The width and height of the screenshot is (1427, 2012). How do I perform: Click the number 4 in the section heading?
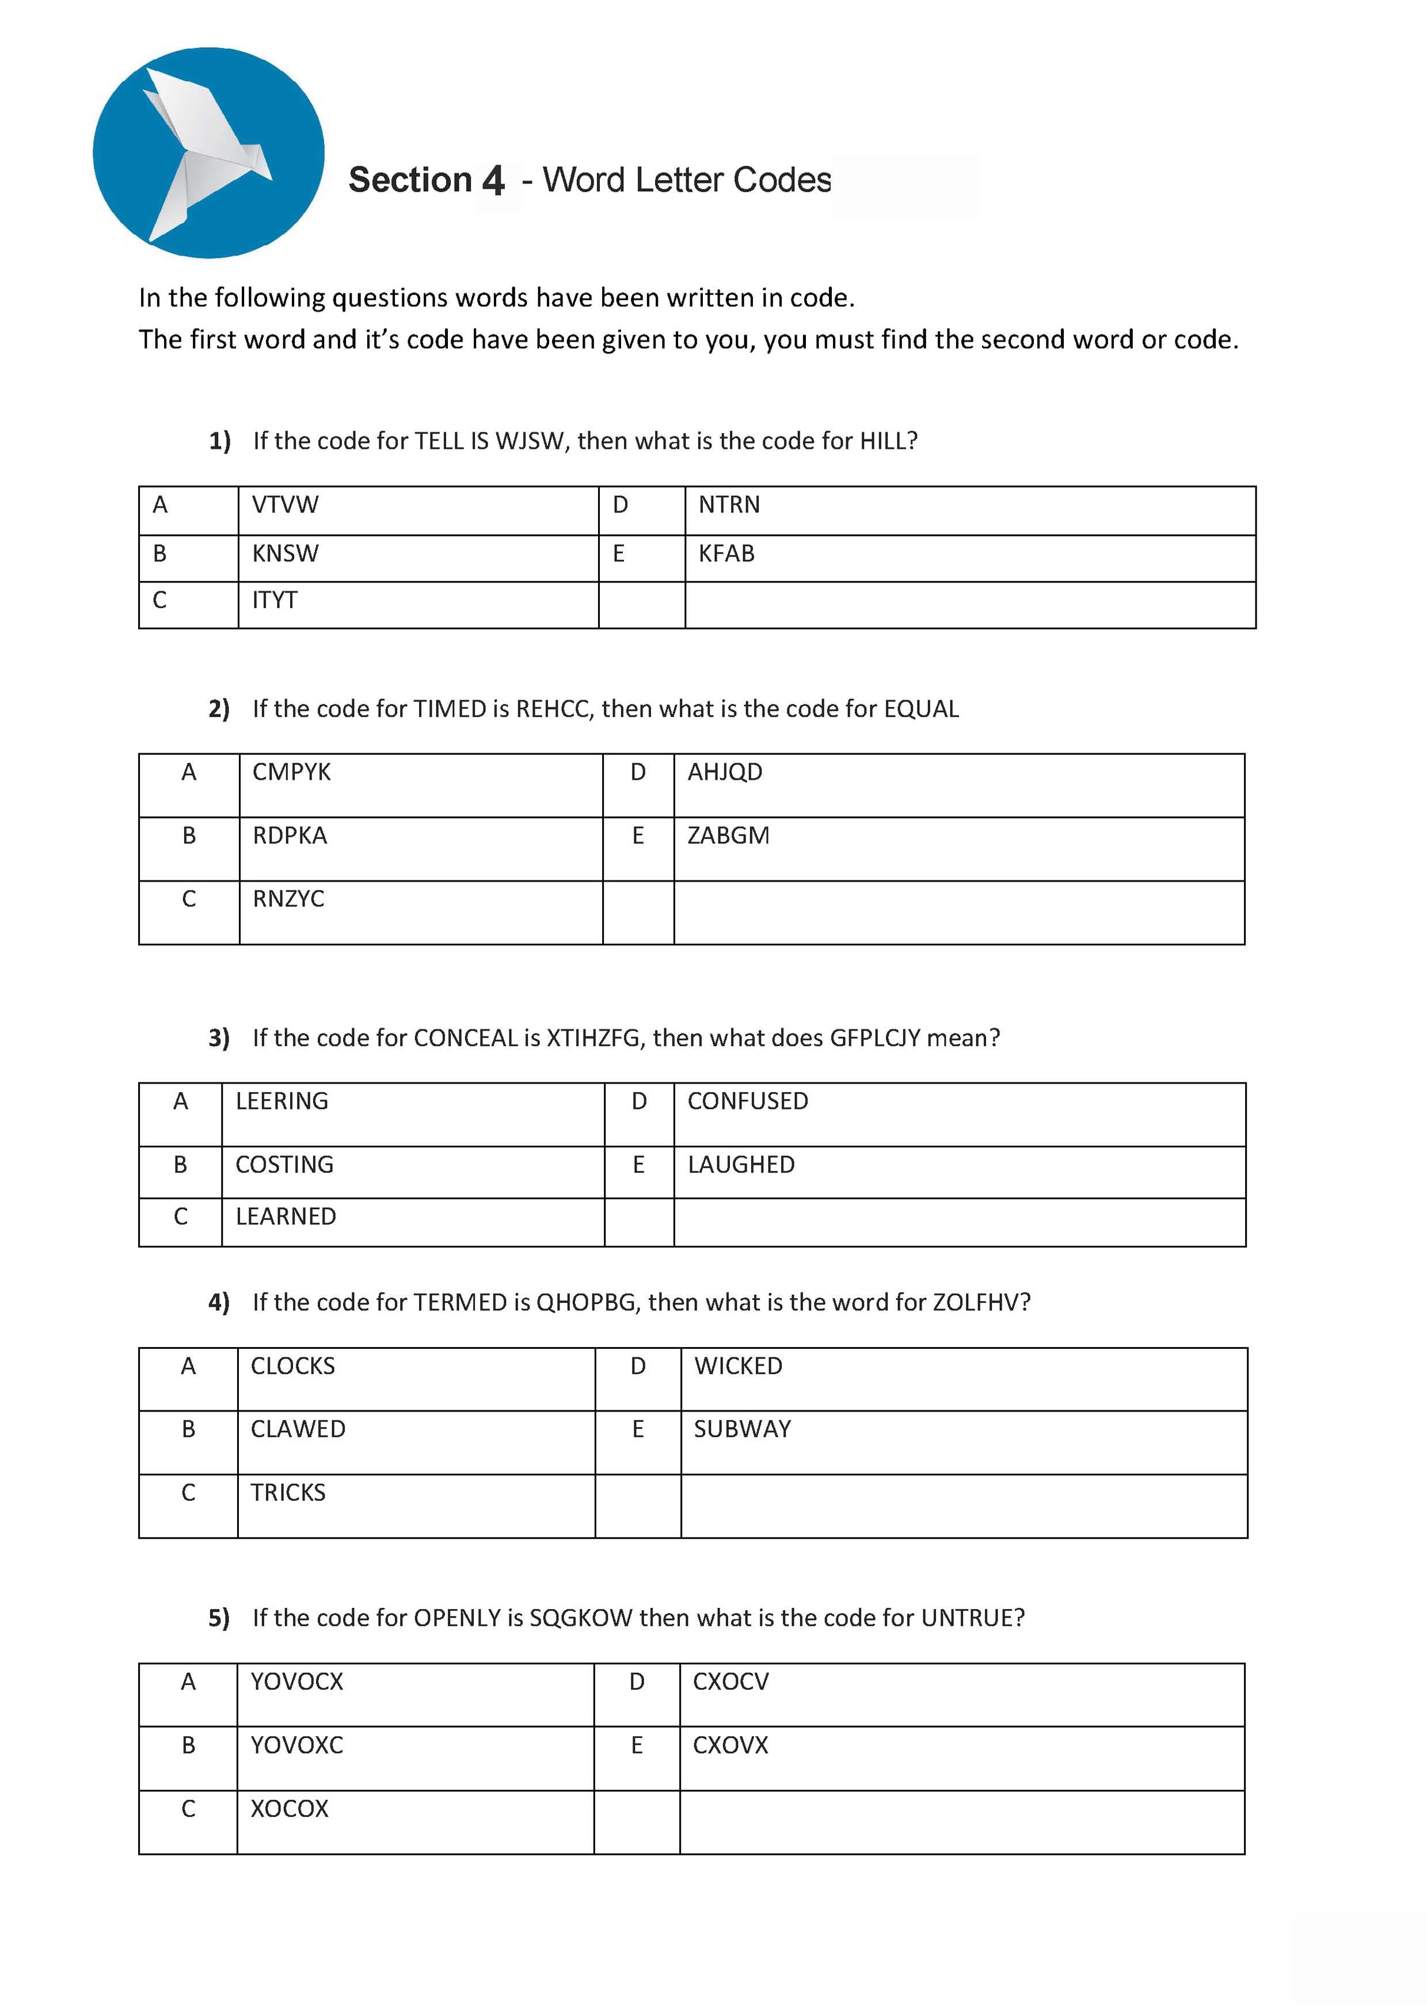493,181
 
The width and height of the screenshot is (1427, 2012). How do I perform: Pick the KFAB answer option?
726,554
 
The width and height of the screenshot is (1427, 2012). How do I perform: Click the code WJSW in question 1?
530,441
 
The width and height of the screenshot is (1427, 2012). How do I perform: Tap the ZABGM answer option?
728,835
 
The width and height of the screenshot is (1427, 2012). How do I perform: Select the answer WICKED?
737,1366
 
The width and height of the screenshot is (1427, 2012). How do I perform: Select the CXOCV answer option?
730,1682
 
